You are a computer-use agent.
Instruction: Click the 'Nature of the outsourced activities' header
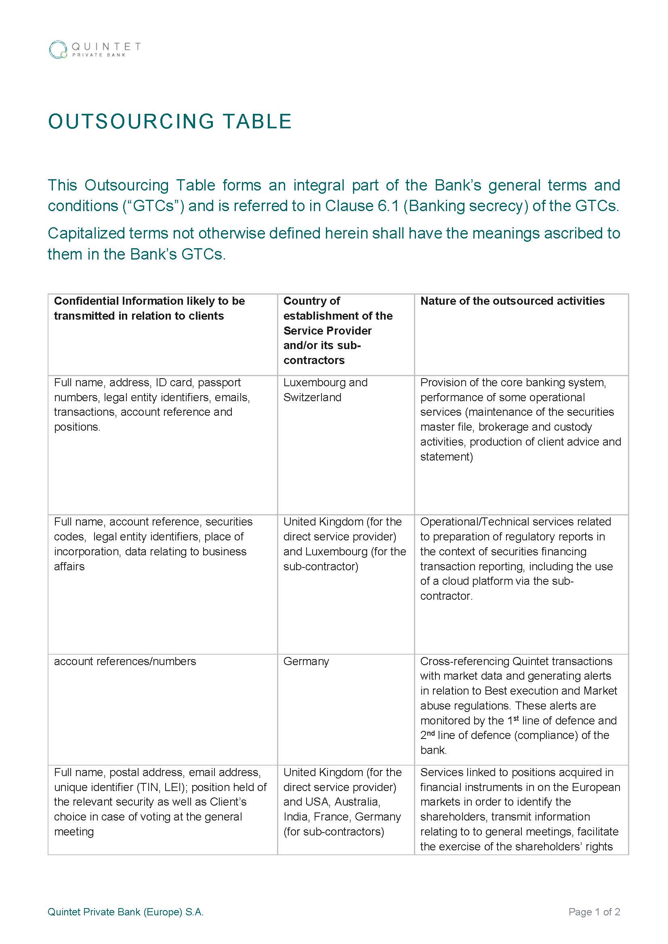tap(512, 301)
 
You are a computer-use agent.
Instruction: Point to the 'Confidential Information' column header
tap(149, 308)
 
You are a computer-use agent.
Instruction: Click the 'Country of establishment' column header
tap(337, 330)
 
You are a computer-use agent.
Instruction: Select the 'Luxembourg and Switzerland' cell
tap(325, 390)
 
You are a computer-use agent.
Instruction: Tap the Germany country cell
tap(306, 661)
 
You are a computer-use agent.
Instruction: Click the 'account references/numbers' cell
tap(125, 661)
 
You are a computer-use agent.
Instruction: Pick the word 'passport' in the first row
tap(219, 382)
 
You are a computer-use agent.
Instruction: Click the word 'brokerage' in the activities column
tap(504, 427)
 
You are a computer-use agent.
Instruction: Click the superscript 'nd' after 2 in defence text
tap(430, 733)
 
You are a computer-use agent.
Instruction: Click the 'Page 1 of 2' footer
tap(594, 912)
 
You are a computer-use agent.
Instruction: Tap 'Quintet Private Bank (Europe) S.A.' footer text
tap(126, 912)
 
